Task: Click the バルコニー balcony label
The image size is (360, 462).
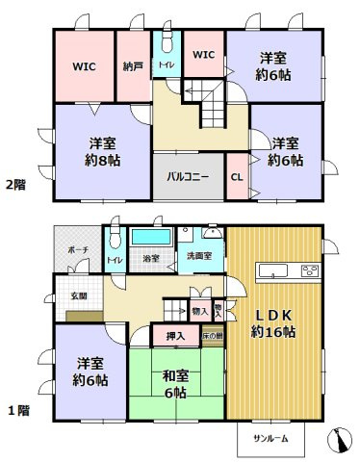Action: pyautogui.click(x=189, y=178)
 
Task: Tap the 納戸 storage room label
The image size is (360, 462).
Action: pyautogui.click(x=132, y=67)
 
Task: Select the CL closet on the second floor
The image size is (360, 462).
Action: pyautogui.click(x=236, y=177)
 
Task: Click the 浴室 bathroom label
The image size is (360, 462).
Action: pyautogui.click(x=150, y=260)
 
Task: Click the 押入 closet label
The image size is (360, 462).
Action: pyautogui.click(x=174, y=337)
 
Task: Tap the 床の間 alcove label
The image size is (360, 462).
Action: pyautogui.click(x=212, y=338)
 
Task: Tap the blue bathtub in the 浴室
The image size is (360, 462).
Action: pyautogui.click(x=149, y=238)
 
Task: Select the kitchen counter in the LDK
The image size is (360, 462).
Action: pyautogui.click(x=288, y=269)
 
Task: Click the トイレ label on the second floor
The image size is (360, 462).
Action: pyautogui.click(x=167, y=65)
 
